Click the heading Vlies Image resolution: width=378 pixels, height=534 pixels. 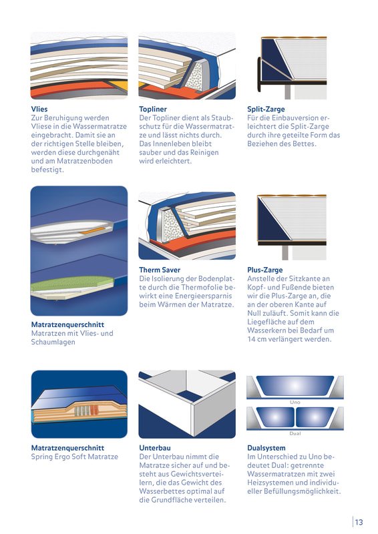coord(39,109)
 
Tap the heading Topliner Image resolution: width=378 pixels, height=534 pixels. coord(153,109)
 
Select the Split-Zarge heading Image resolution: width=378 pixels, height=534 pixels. coord(266,109)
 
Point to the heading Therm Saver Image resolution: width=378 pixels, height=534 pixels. coord(160,270)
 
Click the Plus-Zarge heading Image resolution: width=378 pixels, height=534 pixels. coord(265,270)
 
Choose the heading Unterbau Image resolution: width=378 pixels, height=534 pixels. coord(155,448)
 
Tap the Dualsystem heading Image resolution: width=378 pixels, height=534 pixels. coord(266,448)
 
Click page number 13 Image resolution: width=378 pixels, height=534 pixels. coord(359,522)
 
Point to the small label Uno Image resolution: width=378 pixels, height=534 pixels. coord(295,403)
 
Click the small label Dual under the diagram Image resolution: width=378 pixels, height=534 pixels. coord(295,433)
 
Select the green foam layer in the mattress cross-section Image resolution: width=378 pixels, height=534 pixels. coord(71,282)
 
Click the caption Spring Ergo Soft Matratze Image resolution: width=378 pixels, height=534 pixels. coord(74,457)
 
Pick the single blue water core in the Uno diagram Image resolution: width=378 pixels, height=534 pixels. coord(295,386)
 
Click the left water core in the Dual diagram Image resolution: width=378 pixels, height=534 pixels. coord(275,417)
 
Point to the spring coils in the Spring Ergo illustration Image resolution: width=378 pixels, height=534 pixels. coord(86,411)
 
